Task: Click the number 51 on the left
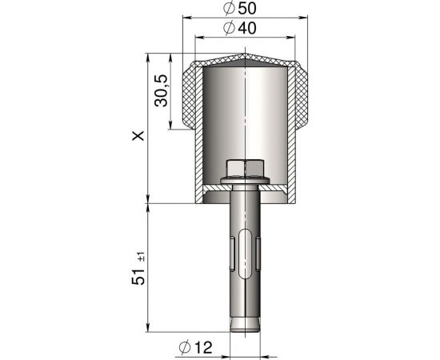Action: coord(139,274)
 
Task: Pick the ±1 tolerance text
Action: coord(142,256)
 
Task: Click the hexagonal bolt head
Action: coord(245,168)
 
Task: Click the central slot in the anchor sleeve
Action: coord(245,240)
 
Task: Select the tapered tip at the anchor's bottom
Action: coord(245,325)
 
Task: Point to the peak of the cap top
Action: coord(245,55)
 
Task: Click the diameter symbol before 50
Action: coord(230,9)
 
